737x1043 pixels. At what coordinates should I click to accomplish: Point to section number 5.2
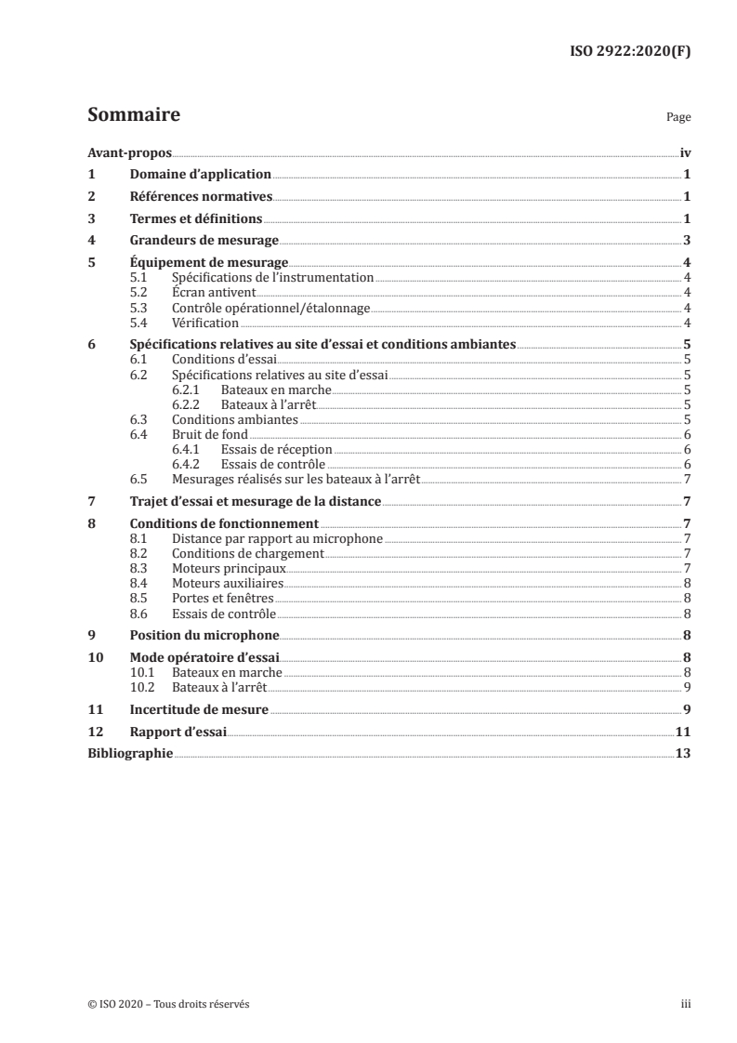139,292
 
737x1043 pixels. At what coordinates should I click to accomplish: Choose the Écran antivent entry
207,292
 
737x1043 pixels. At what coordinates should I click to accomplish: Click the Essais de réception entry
276,450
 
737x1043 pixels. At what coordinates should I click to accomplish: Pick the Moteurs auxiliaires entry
227,583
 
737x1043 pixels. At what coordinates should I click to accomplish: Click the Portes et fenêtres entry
223,599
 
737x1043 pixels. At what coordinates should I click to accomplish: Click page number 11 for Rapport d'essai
683,732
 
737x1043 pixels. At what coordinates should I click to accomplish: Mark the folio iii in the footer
686,1005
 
